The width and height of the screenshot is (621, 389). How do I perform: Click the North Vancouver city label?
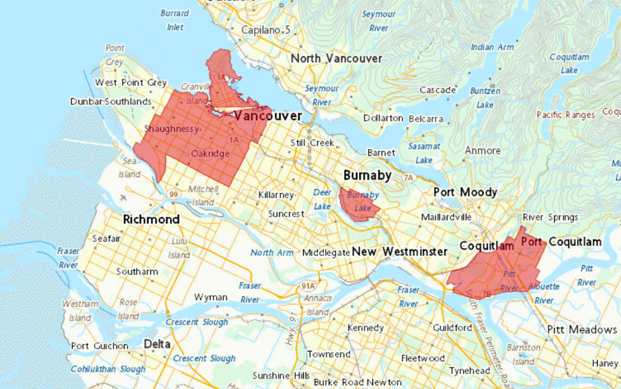pyautogui.click(x=336, y=59)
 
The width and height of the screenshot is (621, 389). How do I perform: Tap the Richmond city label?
pyautogui.click(x=151, y=220)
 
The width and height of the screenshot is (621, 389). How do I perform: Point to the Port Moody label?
pyautogui.click(x=465, y=193)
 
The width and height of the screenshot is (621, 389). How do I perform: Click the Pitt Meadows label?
pyautogui.click(x=582, y=329)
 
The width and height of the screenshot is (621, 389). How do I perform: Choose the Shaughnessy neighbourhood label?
pyautogui.click(x=172, y=129)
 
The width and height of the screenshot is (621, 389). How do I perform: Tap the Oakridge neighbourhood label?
pyautogui.click(x=210, y=153)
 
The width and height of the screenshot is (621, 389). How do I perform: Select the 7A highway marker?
pyautogui.click(x=409, y=178)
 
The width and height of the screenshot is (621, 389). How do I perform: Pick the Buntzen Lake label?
pyautogui.click(x=485, y=98)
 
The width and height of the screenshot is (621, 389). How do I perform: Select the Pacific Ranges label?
pyautogui.click(x=565, y=115)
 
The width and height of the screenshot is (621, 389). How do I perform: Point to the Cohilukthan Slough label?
pyautogui.click(x=108, y=369)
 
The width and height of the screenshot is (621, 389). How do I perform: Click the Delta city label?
pyautogui.click(x=157, y=344)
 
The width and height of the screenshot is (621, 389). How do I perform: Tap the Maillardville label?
pyautogui.click(x=446, y=217)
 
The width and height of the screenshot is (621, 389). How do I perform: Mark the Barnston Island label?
pyautogui.click(x=523, y=355)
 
